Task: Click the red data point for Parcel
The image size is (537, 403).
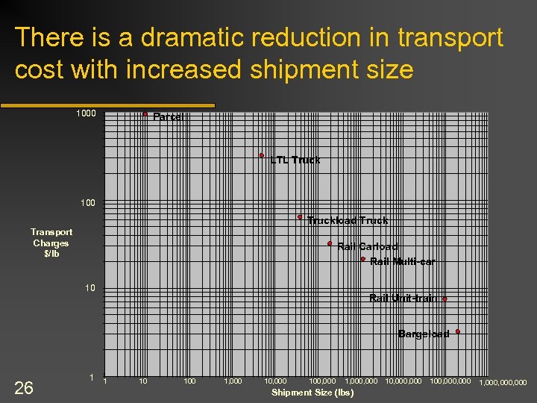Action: [145, 114]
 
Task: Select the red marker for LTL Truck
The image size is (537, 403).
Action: [262, 155]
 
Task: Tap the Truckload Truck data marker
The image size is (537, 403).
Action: [300, 217]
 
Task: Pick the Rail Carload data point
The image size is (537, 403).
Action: [330, 243]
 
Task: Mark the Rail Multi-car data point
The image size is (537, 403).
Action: [362, 259]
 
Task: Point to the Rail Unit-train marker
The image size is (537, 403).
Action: [445, 299]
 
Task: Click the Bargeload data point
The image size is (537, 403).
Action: [457, 331]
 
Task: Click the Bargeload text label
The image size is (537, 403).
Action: [423, 334]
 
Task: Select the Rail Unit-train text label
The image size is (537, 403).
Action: [403, 299]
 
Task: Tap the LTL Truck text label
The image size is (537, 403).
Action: [295, 160]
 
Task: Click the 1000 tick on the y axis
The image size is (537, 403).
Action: [86, 113]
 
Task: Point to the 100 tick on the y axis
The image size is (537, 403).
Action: [88, 202]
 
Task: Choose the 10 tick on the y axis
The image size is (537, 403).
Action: [90, 288]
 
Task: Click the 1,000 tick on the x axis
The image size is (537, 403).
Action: [233, 381]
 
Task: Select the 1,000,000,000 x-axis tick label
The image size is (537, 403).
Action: [503, 383]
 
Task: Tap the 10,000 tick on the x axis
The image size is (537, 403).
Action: [275, 381]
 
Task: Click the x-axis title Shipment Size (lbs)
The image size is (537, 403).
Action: [313, 393]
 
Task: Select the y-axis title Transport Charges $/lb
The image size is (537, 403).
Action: [51, 243]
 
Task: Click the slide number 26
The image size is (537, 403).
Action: [24, 387]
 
